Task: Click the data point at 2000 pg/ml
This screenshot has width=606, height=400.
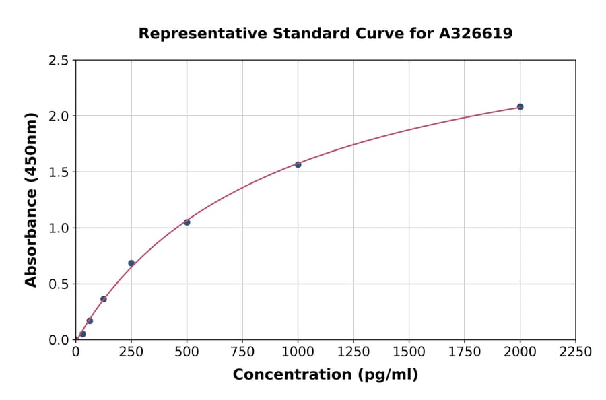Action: pyautogui.click(x=520, y=106)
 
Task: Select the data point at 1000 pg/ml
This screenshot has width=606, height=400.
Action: pyautogui.click(x=298, y=164)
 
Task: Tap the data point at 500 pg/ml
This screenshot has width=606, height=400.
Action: pyautogui.click(x=187, y=222)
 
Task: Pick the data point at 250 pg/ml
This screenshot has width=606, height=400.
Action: pyautogui.click(x=131, y=263)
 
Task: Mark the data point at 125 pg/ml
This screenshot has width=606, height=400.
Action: pyautogui.click(x=104, y=299)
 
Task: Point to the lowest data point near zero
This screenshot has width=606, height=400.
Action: pyautogui.click(x=83, y=334)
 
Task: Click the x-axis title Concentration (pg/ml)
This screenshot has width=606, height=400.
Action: pyautogui.click(x=325, y=375)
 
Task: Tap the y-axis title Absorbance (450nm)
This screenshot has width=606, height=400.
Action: pyautogui.click(x=31, y=199)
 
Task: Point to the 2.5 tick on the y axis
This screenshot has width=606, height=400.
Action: pyautogui.click(x=59, y=61)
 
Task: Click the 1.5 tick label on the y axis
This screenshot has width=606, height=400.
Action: pyautogui.click(x=59, y=172)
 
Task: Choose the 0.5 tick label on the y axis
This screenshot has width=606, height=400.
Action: pyautogui.click(x=59, y=284)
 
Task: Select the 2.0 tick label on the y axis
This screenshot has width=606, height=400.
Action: pyautogui.click(x=59, y=116)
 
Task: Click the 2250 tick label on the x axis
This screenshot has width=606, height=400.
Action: pyautogui.click(x=575, y=352)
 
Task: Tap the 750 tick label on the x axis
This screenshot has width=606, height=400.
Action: pyautogui.click(x=242, y=352)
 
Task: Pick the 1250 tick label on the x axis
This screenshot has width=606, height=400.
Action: pyautogui.click(x=353, y=352)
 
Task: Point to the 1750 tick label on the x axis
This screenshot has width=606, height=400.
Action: pyautogui.click(x=465, y=352)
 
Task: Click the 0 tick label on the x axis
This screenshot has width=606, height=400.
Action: pyautogui.click(x=75, y=352)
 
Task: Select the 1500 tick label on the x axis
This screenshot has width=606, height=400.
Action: pyautogui.click(x=409, y=352)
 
